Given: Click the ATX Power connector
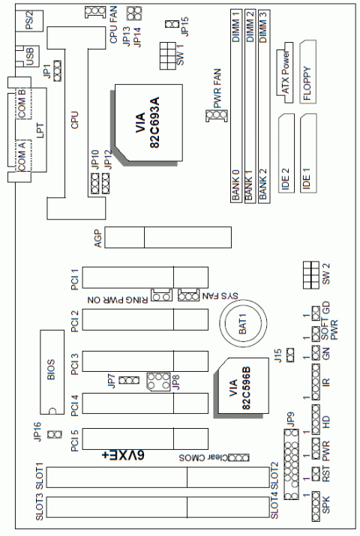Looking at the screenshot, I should click(284, 74).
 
